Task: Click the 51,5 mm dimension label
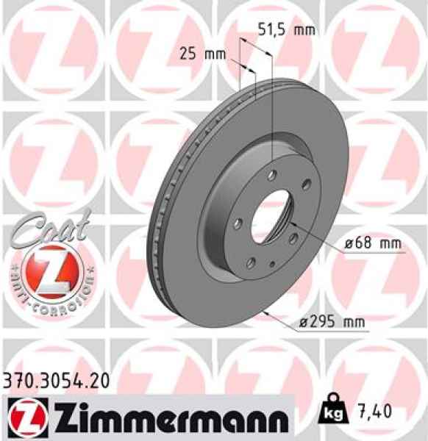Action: (x=286, y=30)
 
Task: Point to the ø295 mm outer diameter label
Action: (x=335, y=320)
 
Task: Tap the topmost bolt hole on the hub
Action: (x=271, y=174)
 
